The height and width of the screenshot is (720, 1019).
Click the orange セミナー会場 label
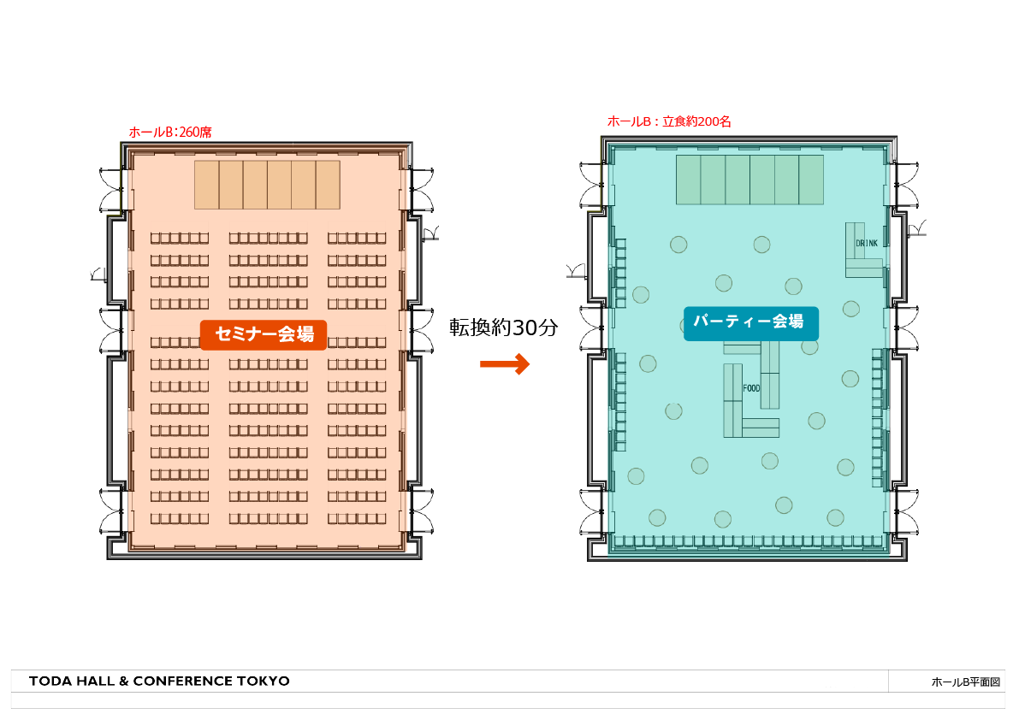tap(264, 334)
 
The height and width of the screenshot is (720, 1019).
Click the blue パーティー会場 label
tap(750, 322)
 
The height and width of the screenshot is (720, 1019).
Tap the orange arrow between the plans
tap(505, 363)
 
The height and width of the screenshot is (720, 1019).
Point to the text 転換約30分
tap(504, 328)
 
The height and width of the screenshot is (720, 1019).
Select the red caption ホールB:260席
tap(170, 132)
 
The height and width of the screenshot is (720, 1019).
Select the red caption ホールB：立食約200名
tap(669, 121)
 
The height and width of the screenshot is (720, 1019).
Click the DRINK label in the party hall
tap(867, 244)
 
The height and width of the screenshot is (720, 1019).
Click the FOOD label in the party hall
tap(751, 388)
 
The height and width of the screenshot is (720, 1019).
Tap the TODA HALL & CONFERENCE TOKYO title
tap(159, 681)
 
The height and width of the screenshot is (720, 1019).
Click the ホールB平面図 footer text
tap(966, 682)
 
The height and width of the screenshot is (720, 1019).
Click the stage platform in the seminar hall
tap(267, 185)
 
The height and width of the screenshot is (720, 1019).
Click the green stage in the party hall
tap(750, 180)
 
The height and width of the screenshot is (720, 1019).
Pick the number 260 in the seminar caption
tap(189, 133)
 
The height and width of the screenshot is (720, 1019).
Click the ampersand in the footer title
tap(123, 681)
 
